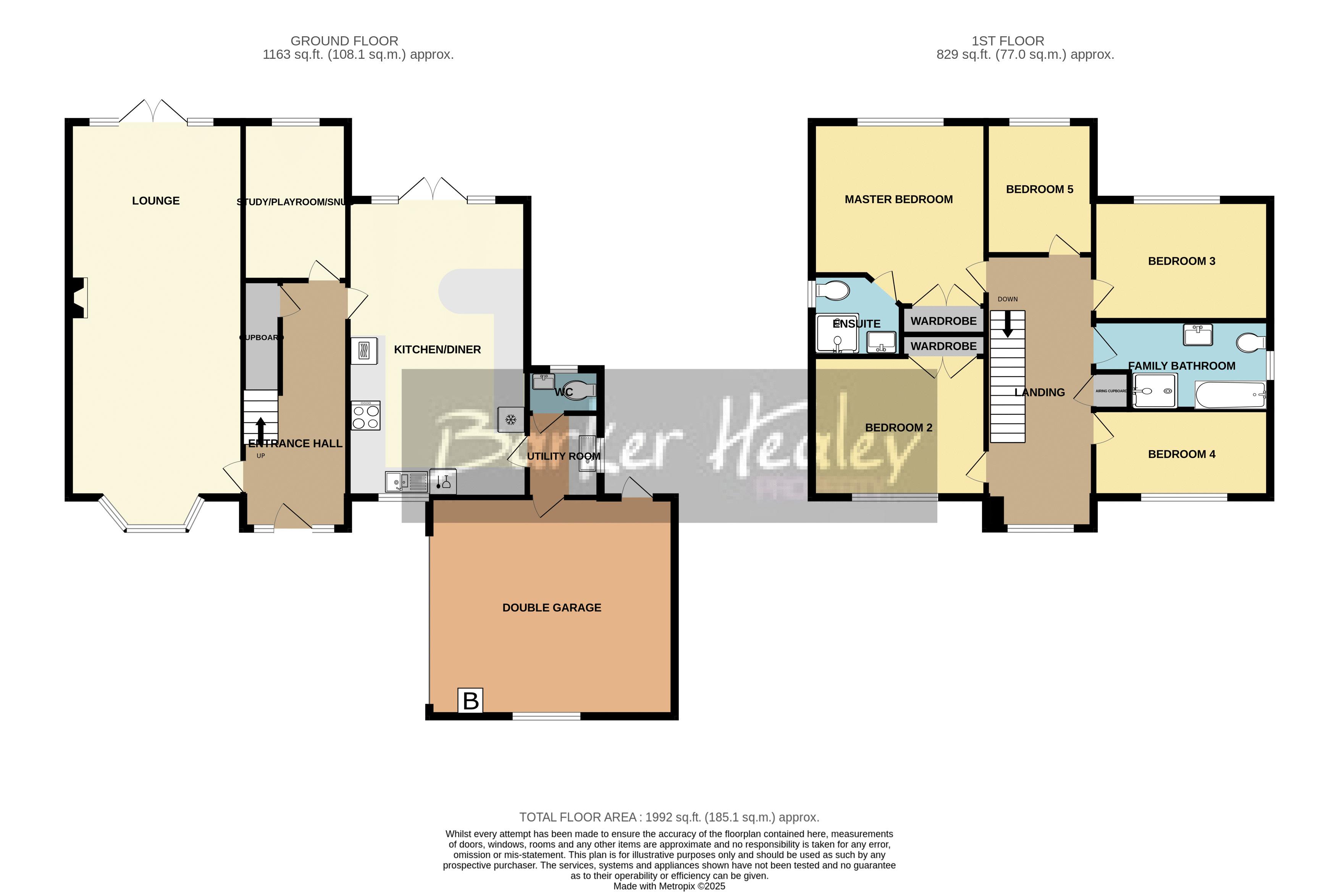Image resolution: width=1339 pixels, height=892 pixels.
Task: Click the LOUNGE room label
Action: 155,201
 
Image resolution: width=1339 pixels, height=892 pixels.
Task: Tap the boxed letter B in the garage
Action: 470,700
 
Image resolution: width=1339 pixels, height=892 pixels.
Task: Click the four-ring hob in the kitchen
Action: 365,416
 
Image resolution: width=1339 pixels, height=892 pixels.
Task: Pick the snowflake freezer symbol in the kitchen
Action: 510,420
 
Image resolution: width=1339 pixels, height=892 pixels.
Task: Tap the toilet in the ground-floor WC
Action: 581,390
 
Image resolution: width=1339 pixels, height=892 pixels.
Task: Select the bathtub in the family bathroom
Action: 1230,395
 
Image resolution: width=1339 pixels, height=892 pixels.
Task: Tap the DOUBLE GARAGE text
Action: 551,608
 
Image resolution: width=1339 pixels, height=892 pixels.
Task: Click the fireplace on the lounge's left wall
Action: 80,297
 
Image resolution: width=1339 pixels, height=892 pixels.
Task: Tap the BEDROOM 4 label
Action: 1181,454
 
